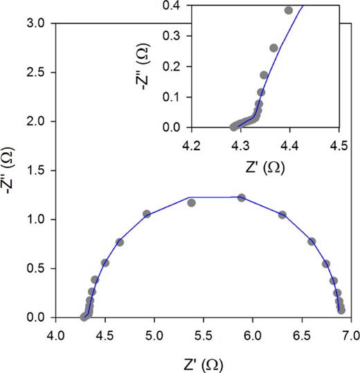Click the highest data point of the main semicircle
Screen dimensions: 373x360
[241, 198]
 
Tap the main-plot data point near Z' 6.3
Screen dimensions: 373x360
[282, 215]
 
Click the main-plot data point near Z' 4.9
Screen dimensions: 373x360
[147, 214]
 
